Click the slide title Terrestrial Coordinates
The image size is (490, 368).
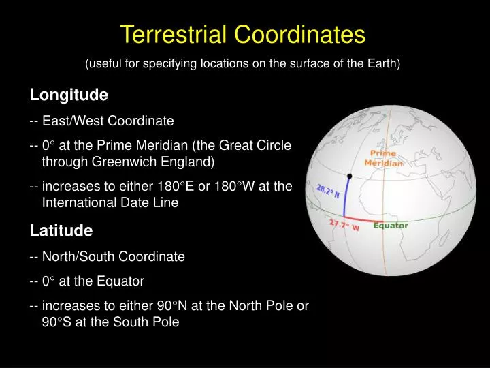tap(242, 34)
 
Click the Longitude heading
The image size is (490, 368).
tap(69, 95)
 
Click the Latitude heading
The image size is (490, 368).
tap(61, 231)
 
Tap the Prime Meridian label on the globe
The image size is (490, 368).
tap(384, 158)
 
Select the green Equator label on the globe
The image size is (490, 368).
tap(391, 226)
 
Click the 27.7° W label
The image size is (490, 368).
tap(344, 226)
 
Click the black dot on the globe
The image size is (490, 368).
tap(350, 177)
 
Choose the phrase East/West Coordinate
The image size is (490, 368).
tap(108, 121)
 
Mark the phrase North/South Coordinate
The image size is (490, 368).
tap(113, 257)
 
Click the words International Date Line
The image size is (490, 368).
tap(110, 203)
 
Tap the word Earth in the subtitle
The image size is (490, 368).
tap(384, 64)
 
